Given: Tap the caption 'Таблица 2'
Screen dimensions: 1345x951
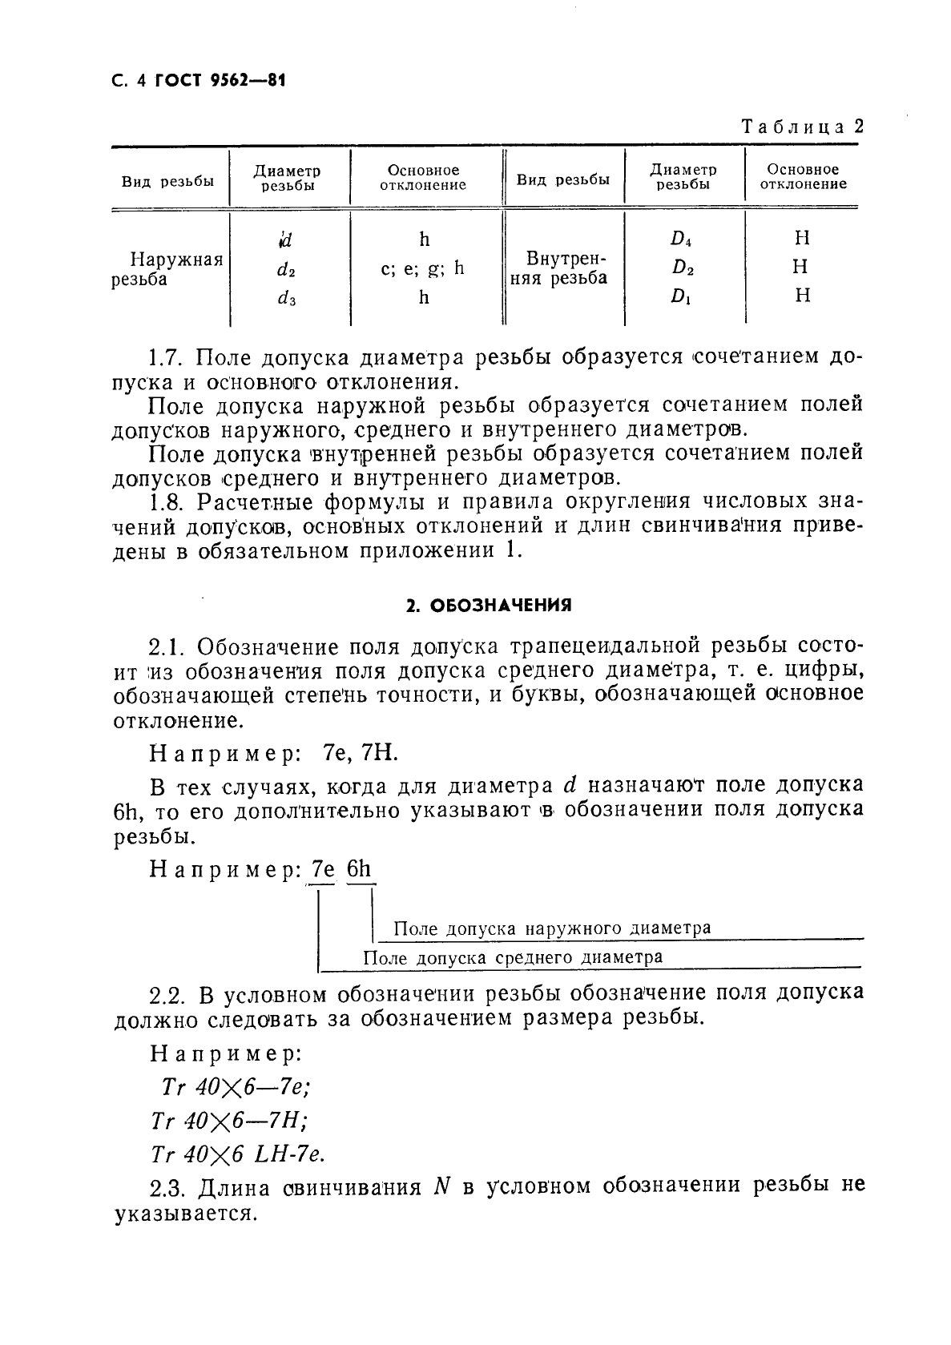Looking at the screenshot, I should point(802,127).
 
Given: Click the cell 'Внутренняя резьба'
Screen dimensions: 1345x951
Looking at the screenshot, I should point(562,268).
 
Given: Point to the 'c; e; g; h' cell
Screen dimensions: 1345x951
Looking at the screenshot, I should point(423,268).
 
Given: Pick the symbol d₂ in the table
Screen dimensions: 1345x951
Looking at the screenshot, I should point(286,271).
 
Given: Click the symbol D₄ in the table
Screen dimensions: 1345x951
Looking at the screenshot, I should point(682,239).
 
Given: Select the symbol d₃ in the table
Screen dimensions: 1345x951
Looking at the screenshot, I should point(286,300).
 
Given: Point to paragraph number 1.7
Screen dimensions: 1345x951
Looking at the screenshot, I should point(168,356).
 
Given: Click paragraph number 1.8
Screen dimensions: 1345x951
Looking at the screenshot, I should point(168,502).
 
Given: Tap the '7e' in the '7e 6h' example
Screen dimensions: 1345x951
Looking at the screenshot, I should point(323,869).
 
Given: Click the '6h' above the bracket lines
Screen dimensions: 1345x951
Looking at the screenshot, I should point(360,869).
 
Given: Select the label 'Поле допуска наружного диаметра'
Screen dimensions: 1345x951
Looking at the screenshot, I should point(553,928).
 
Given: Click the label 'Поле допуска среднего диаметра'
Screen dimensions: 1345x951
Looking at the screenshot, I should point(513,957).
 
